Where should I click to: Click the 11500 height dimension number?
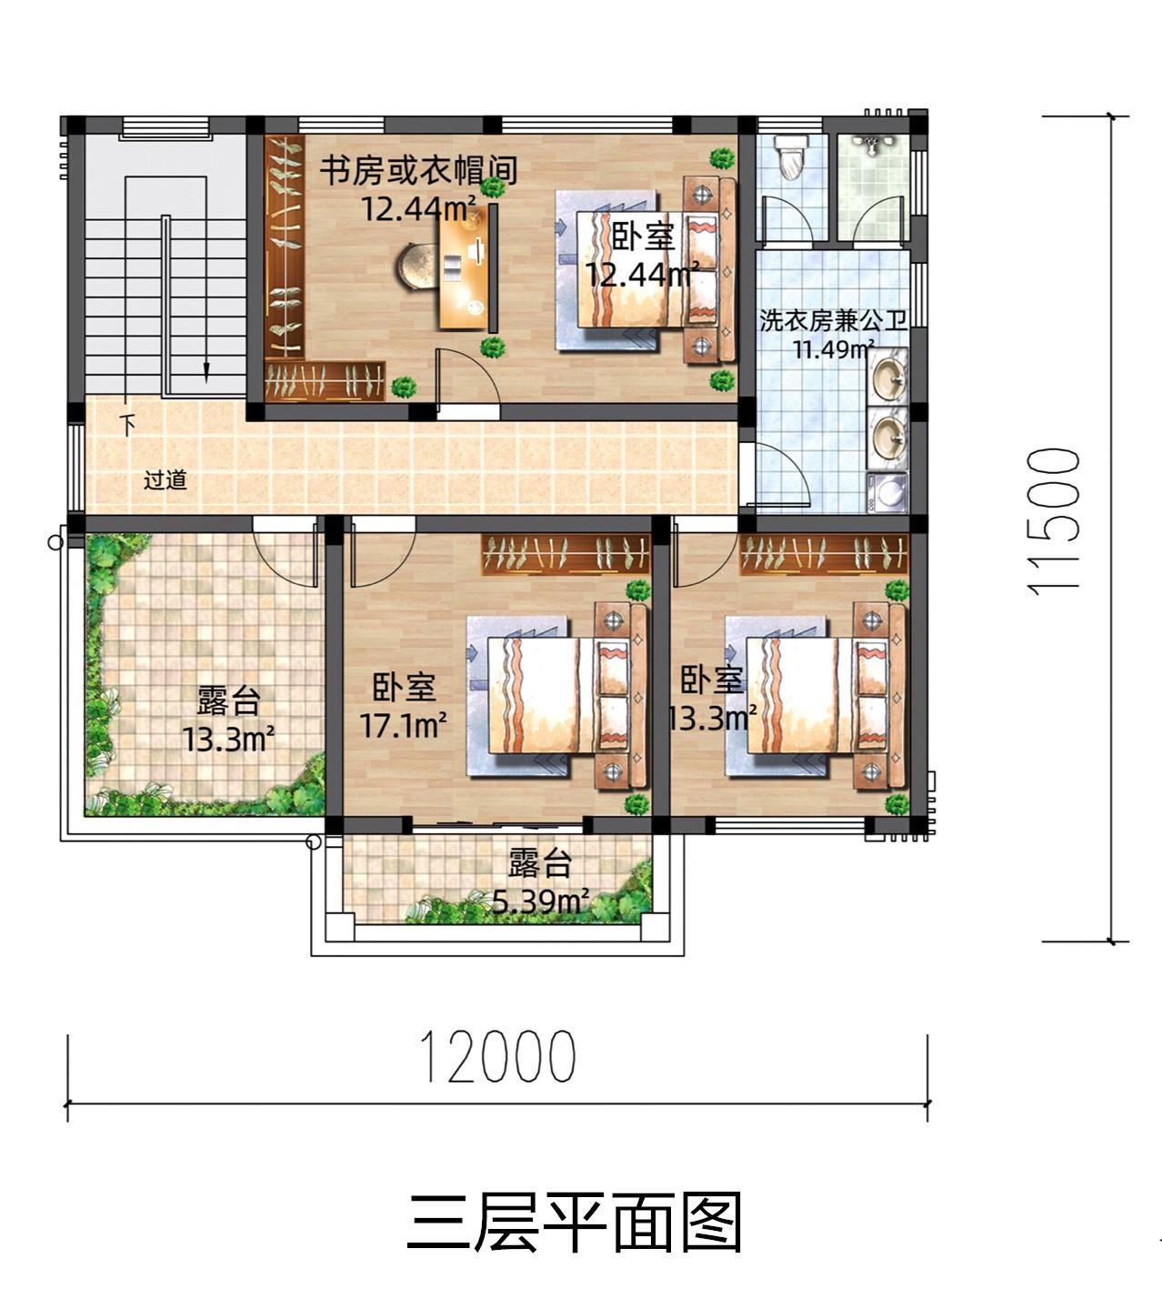pos(1054,521)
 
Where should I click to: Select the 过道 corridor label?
pos(165,479)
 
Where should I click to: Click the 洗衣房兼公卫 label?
pos(833,320)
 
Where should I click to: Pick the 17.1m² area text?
pos(403,725)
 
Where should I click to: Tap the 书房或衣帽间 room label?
pos(418,170)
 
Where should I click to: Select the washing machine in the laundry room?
pos(887,493)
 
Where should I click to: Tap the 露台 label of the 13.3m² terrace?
pos(228,700)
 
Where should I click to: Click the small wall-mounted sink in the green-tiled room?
pos(871,145)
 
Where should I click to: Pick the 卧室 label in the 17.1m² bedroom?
pos(404,688)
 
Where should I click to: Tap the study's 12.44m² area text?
pos(418,208)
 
